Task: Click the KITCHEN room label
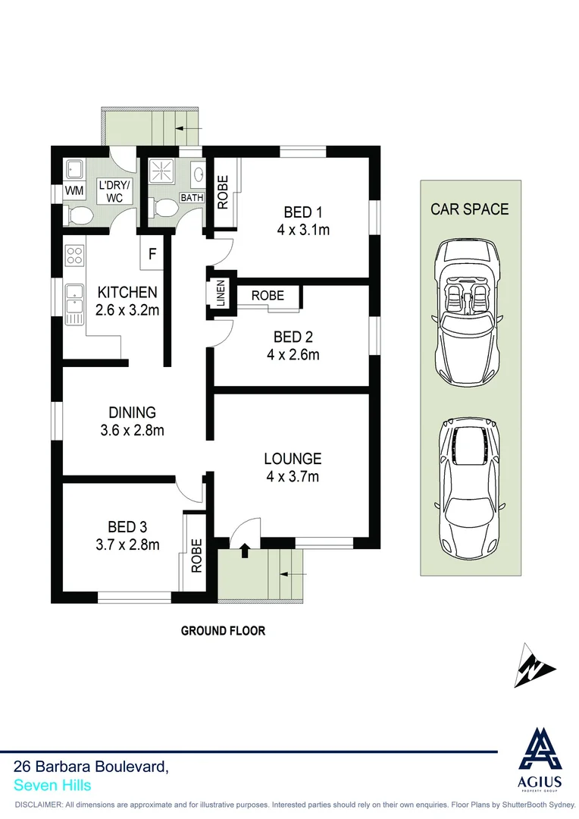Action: (x=127, y=292)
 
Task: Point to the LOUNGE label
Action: (x=293, y=459)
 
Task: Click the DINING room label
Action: (x=132, y=413)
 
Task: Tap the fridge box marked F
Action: (x=152, y=254)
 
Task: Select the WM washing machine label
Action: (x=74, y=191)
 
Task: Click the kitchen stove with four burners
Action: (x=74, y=255)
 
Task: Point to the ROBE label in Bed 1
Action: (x=223, y=193)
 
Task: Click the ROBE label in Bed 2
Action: (x=268, y=295)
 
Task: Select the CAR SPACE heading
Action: (x=470, y=209)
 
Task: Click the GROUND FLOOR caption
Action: (x=223, y=630)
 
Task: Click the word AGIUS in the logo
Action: (x=540, y=782)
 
